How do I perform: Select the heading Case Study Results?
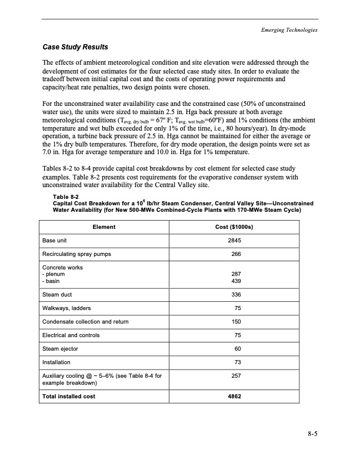[75, 46]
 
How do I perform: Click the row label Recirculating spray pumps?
[76, 254]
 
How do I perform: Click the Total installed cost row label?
[69, 396]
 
